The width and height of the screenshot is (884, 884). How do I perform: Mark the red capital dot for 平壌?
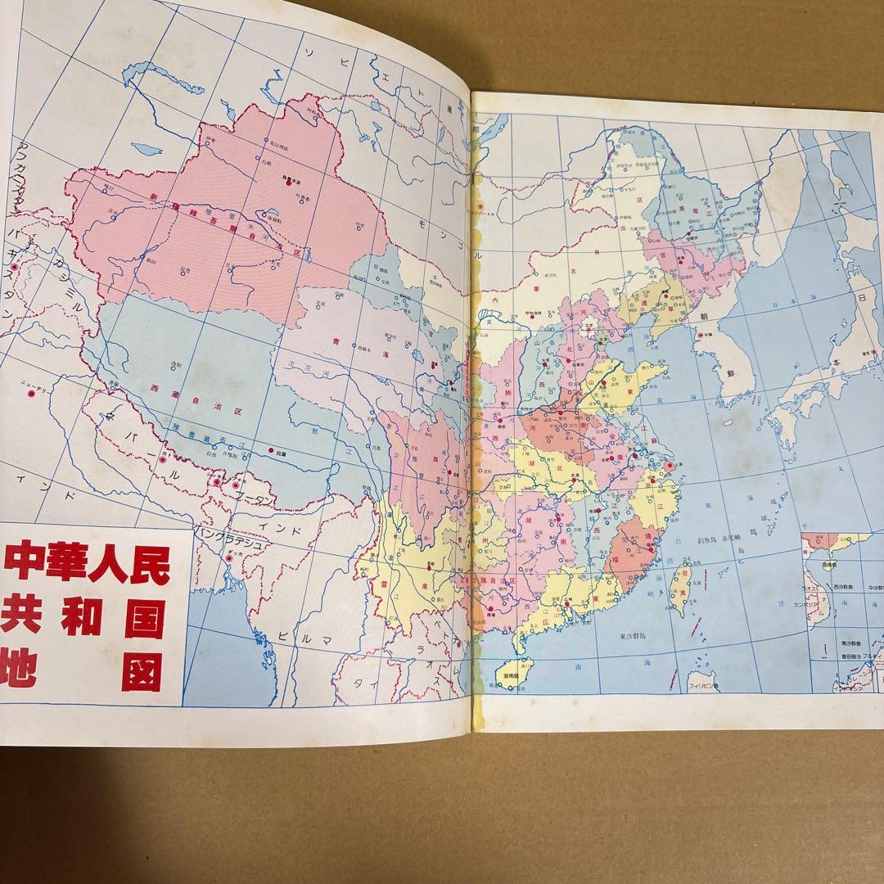pos(700,335)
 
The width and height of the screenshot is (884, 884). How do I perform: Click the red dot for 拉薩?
pos(272,451)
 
